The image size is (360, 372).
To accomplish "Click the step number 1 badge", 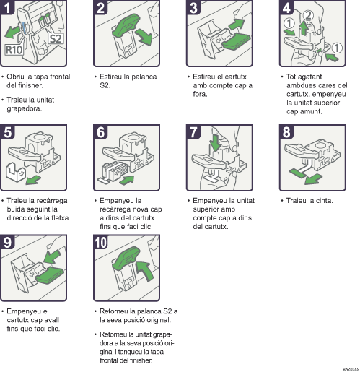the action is [x=7, y=7].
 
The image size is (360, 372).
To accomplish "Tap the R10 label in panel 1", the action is [x=14, y=50].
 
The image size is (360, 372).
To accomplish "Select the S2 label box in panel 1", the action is [x=56, y=38].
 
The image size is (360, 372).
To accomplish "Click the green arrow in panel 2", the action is [x=144, y=37].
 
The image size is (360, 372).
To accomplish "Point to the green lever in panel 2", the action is [x=126, y=24].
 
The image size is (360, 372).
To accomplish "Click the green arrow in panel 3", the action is [x=237, y=24].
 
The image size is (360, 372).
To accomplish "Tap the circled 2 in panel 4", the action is [x=308, y=16].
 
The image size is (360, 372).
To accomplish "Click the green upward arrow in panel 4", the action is [x=304, y=27].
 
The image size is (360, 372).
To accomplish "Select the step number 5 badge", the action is [x=7, y=131].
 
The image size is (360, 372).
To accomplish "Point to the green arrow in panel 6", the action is [x=127, y=180].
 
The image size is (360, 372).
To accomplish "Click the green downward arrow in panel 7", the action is [x=215, y=142].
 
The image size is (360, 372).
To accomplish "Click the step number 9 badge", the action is [x=7, y=242].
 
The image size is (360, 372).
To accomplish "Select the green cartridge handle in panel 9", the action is [x=50, y=274].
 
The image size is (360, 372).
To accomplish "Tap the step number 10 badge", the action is [x=100, y=242].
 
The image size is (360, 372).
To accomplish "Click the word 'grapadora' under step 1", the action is [x=25, y=109].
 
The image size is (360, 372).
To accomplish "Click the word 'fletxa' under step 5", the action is [x=61, y=218].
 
